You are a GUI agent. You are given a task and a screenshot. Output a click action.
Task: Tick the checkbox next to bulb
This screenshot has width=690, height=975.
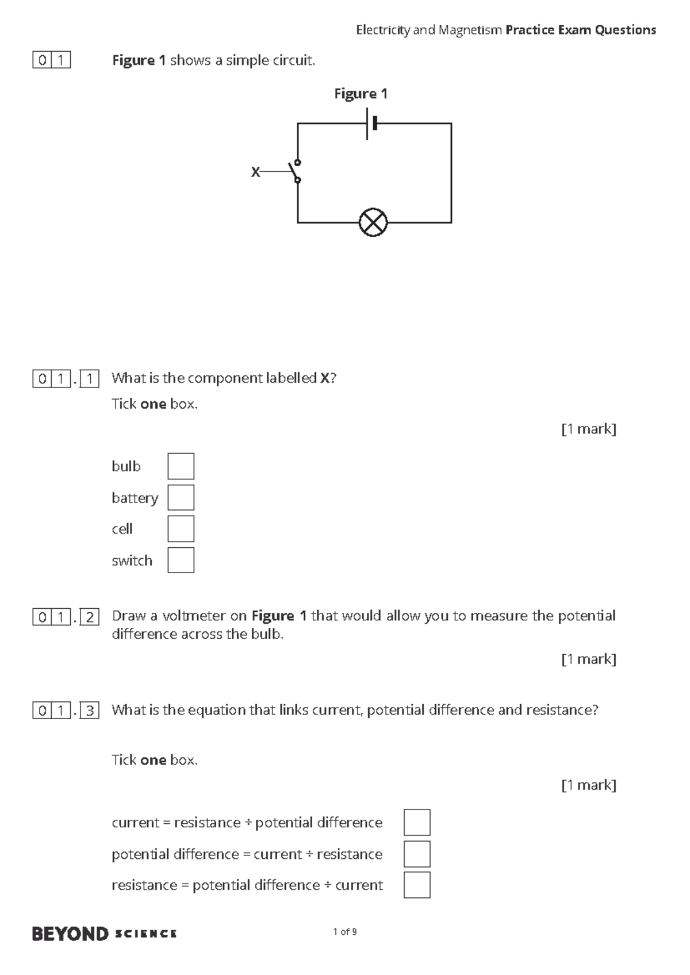tap(181, 466)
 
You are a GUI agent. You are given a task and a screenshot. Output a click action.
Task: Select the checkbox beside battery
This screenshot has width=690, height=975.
tap(181, 497)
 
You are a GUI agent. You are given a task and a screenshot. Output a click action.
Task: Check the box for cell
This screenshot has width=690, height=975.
tap(181, 529)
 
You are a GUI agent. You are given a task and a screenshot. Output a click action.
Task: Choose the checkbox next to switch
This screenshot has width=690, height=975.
tap(181, 560)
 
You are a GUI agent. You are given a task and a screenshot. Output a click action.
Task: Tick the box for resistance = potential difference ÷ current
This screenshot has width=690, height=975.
tap(417, 885)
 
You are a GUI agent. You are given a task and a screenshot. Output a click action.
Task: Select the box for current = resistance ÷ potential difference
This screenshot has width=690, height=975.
tap(417, 822)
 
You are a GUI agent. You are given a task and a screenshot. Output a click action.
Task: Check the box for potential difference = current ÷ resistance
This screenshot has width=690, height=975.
tap(417, 854)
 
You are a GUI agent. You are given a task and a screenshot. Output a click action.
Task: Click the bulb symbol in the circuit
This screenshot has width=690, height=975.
tap(373, 222)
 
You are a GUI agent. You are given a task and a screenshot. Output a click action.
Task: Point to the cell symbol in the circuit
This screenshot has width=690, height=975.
tap(371, 124)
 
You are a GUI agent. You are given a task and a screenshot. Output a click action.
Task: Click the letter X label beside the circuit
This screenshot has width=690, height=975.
tap(255, 172)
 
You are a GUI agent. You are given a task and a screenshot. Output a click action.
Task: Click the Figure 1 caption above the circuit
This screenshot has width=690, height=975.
tap(361, 94)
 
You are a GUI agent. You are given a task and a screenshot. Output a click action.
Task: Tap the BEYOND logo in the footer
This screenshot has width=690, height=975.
tap(70, 934)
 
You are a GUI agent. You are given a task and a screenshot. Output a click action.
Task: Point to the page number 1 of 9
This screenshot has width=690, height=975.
tap(345, 932)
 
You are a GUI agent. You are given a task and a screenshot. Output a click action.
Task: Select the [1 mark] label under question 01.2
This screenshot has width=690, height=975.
tap(588, 659)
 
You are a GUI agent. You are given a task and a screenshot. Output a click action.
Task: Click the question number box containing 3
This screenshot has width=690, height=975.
tap(90, 711)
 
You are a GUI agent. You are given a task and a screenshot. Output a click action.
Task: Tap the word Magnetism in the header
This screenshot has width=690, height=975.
tap(470, 30)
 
